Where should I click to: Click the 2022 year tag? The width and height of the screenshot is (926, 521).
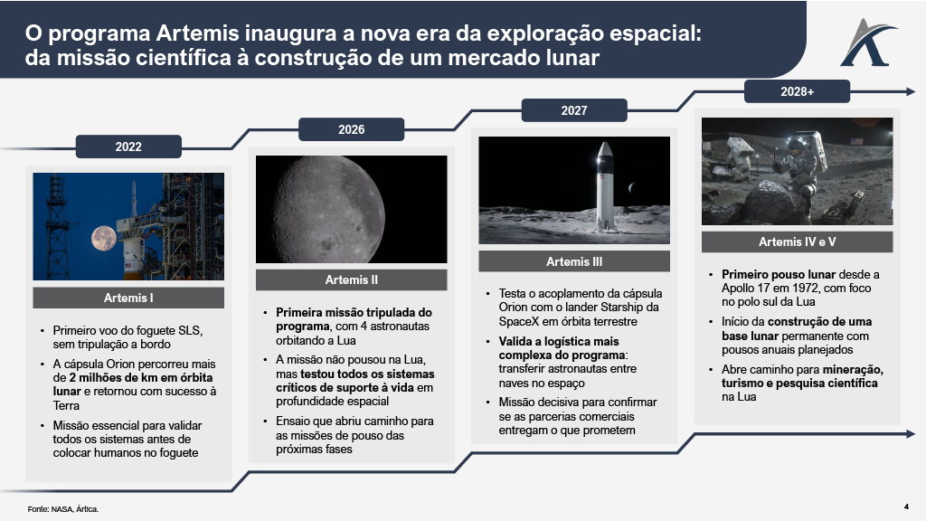pos(128,147)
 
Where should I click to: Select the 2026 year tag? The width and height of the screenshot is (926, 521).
pos(352,129)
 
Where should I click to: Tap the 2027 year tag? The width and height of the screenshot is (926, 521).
pos(574,110)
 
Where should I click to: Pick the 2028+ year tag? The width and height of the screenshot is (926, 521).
pos(797,91)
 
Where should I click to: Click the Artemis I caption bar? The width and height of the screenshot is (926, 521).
pos(128,298)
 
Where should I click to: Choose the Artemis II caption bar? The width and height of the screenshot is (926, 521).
pos(352,279)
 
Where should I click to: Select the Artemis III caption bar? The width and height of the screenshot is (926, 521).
pos(574,261)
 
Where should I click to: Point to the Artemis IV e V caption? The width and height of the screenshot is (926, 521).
pos(797,242)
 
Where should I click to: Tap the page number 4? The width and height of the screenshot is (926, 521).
pos(906,506)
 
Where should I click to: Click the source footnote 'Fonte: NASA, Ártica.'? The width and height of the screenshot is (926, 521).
pos(62,509)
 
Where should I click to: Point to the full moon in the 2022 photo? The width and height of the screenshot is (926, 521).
pos(103,240)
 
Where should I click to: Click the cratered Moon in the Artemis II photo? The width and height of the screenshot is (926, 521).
pos(352,210)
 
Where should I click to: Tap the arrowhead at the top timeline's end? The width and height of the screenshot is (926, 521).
pos(910,91)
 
